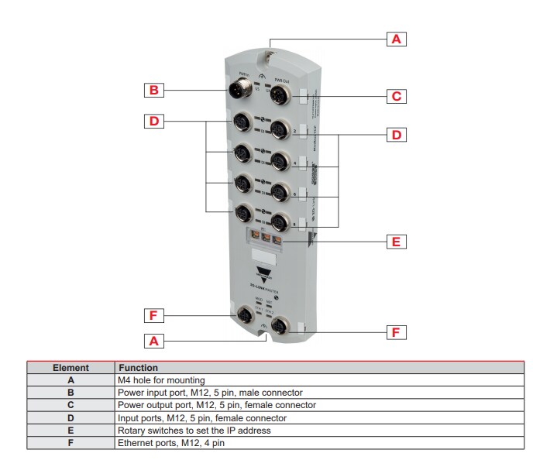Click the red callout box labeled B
(x=154, y=91)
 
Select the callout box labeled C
(x=396, y=97)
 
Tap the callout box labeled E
(x=396, y=242)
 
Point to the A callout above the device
(x=396, y=38)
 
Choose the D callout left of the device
(x=154, y=121)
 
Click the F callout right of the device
(x=396, y=332)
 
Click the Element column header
(x=70, y=368)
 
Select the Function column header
(x=137, y=368)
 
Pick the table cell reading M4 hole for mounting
(x=161, y=380)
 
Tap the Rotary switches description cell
(x=194, y=430)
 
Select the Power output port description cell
(x=216, y=405)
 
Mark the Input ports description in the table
(x=203, y=417)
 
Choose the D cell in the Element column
(x=70, y=417)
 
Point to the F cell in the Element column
(x=70, y=443)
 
